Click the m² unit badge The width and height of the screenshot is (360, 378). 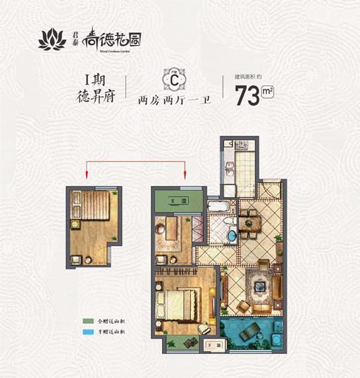267,90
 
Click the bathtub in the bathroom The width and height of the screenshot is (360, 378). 217,208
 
